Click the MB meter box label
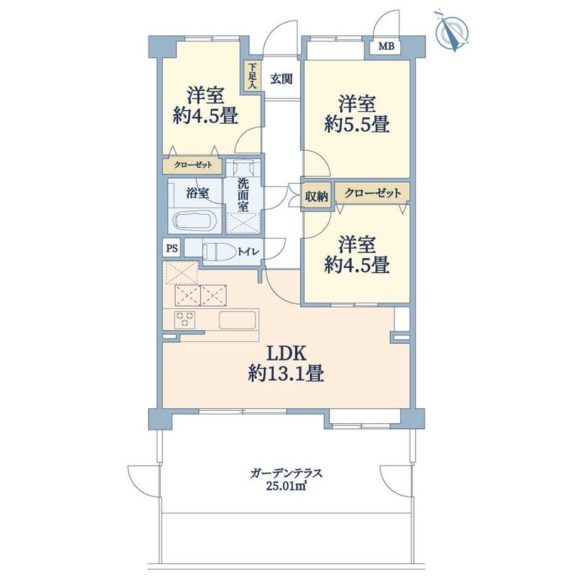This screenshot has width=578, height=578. point(386,46)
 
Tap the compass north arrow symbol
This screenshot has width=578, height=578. point(451,31)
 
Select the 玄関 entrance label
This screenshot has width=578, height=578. point(281,79)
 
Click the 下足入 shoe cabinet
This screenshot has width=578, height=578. point(252,76)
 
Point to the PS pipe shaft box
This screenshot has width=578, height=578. point(171,248)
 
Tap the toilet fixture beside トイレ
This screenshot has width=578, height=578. point(219,252)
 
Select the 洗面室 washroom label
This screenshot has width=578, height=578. point(243,195)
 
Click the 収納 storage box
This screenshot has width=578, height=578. point(316,197)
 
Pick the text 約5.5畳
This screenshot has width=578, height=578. point(357,125)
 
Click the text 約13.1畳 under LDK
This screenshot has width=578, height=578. point(286,374)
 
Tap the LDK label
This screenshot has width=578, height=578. point(286,354)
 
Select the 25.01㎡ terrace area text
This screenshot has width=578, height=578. point(286,486)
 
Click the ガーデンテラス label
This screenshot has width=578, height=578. point(286,473)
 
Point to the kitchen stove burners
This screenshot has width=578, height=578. point(184,319)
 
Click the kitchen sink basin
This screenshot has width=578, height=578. point(237,320)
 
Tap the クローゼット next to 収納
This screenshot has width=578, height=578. point(373,193)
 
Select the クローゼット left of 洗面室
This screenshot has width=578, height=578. point(192,165)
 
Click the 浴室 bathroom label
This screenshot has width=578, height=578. point(197,193)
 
